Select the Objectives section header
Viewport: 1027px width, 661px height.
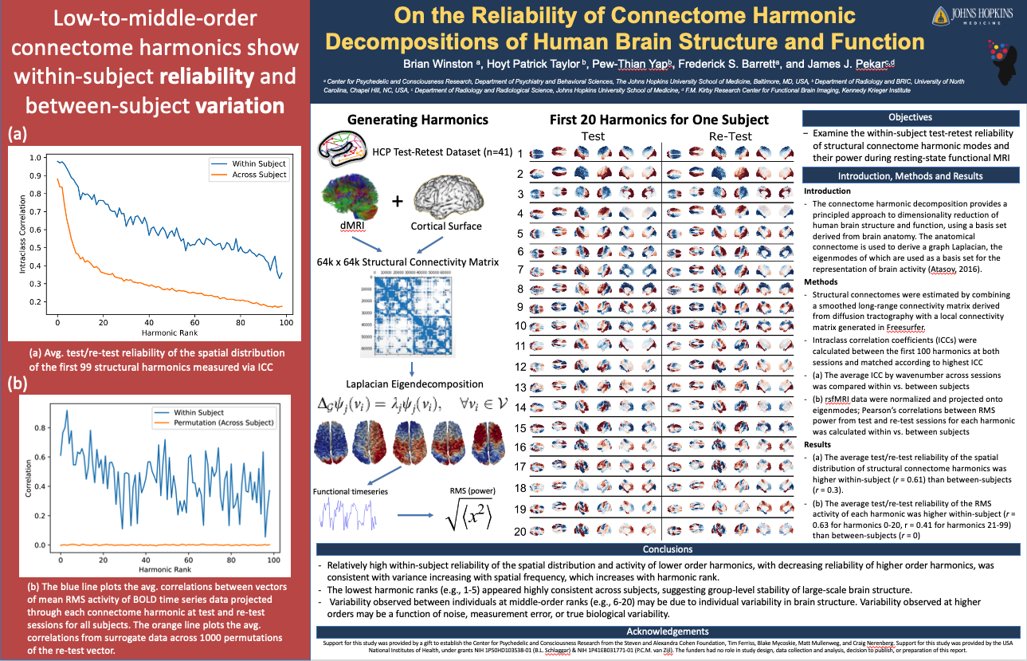910,116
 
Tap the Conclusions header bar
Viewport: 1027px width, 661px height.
668,549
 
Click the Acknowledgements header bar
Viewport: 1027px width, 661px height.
668,631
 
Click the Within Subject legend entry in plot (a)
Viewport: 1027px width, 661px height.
255,163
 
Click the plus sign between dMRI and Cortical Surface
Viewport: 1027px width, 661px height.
397,200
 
